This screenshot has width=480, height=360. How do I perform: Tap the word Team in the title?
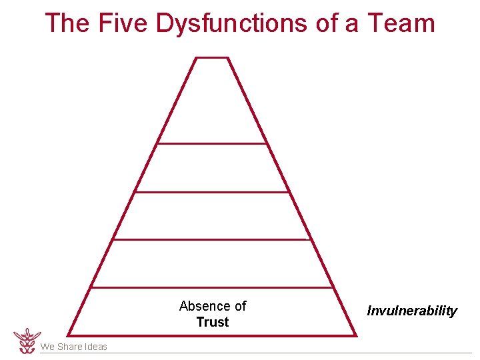click(401, 23)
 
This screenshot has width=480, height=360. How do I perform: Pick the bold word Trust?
click(213, 322)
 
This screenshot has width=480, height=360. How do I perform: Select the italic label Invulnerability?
click(412, 311)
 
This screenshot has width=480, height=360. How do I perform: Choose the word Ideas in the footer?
click(95, 347)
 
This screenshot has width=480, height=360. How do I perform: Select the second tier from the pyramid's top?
click(212, 168)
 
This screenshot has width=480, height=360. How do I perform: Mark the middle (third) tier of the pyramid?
click(212, 215)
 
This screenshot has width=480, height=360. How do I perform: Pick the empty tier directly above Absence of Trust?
click(212, 263)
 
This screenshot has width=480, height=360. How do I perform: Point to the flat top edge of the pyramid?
click(212, 58)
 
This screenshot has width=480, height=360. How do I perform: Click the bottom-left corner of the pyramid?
click(69, 335)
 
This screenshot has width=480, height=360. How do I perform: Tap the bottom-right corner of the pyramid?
click(355, 335)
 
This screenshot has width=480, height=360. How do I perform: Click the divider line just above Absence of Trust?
click(212, 288)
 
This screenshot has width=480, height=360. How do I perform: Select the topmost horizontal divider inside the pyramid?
click(212, 143)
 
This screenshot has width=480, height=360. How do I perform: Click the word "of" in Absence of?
click(240, 306)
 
